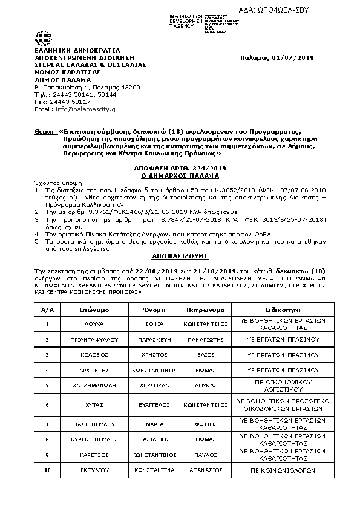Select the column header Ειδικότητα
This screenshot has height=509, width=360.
coord(280,308)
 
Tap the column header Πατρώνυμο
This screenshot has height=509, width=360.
coord(206,308)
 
